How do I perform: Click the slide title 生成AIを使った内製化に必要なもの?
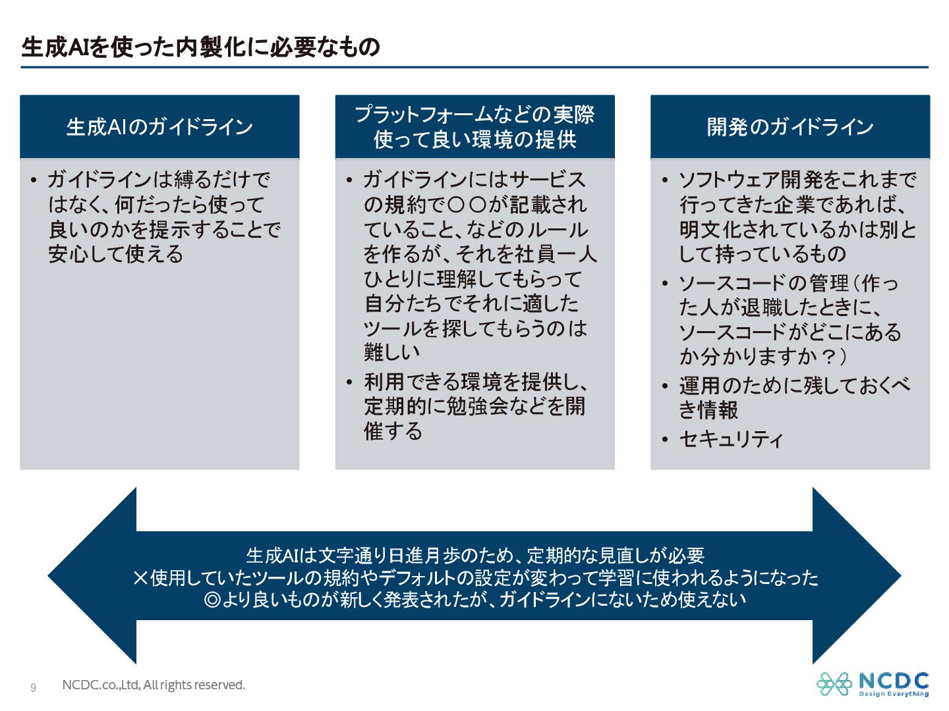click(201, 47)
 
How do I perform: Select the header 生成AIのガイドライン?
click(159, 127)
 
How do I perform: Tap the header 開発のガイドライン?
click(790, 127)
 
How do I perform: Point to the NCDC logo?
click(873, 684)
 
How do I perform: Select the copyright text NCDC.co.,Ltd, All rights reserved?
click(154, 685)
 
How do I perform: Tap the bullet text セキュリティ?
click(731, 439)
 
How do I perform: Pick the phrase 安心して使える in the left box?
click(115, 254)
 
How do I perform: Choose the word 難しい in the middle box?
click(392, 352)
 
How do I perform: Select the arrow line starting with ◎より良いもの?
click(474, 600)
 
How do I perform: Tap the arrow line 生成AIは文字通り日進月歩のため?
click(474, 556)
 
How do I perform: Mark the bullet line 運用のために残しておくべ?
click(795, 385)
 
